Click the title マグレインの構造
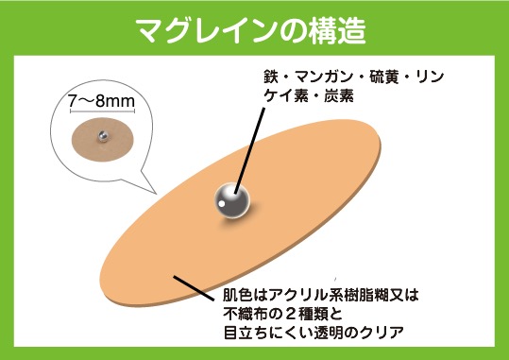point(254,27)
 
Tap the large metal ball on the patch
point(229,197)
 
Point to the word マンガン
point(322,77)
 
